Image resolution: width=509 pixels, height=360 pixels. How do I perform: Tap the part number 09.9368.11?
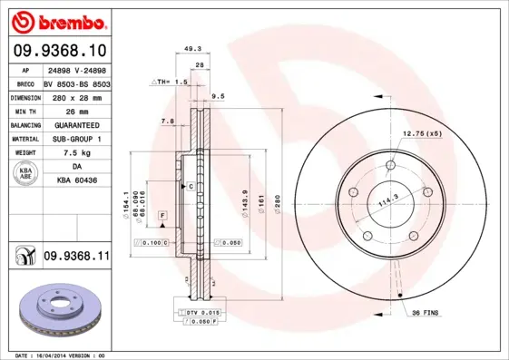tap(76, 257)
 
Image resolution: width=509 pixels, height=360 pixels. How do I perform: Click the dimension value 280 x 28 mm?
tap(75, 96)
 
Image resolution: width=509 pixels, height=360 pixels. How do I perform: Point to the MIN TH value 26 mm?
tap(75, 110)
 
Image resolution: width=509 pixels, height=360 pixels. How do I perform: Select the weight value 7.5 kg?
tap(75, 153)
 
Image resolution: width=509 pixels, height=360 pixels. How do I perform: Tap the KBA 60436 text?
tap(75, 181)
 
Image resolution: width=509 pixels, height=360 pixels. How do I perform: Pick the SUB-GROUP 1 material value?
tap(75, 139)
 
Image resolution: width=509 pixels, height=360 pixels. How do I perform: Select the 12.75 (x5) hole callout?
tap(421, 133)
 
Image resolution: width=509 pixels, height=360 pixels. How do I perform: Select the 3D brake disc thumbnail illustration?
tap(55, 309)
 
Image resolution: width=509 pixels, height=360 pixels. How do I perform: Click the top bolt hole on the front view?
tap(390, 165)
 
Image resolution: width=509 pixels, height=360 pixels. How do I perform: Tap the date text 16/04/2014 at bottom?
tap(65, 355)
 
